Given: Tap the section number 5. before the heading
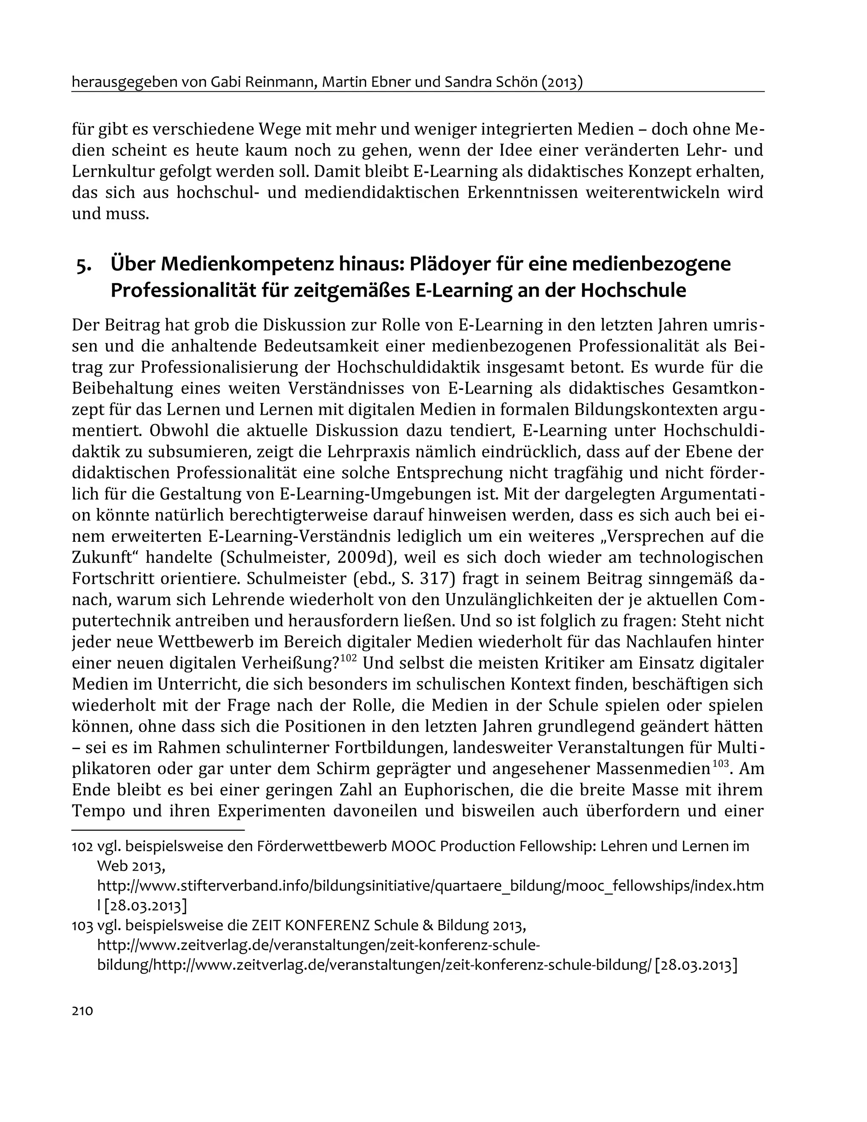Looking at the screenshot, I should pyautogui.click(x=84, y=266).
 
